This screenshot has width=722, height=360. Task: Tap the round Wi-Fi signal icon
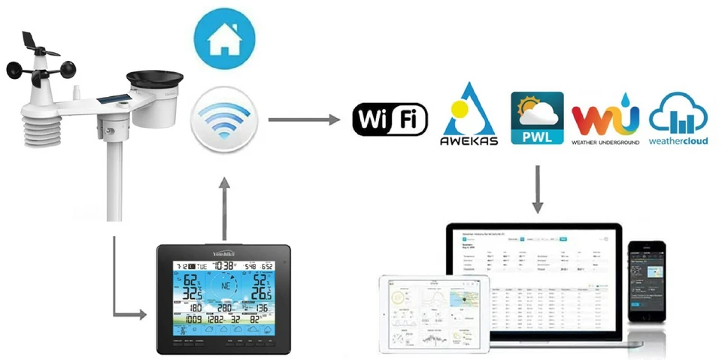pyautogui.click(x=223, y=119)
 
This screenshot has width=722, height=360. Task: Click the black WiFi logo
pyautogui.click(x=390, y=119)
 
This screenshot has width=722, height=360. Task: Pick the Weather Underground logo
pyautogui.click(x=605, y=120)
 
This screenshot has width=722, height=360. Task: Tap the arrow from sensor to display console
pyautogui.click(x=120, y=301)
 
